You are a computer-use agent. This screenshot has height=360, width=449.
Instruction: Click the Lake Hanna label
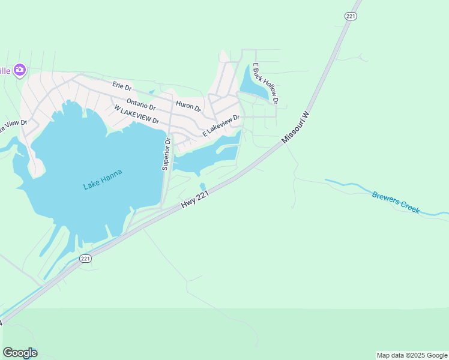point(103,179)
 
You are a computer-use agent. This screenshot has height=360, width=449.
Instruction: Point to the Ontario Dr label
point(141,104)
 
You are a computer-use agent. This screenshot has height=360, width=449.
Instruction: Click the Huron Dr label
point(188,106)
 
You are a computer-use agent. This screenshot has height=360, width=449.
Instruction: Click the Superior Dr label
point(166,154)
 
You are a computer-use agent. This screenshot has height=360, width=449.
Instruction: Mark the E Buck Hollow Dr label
point(265,83)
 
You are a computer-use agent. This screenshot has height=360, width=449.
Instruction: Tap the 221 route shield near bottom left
point(85,259)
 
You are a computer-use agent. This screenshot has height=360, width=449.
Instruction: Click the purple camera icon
point(20,71)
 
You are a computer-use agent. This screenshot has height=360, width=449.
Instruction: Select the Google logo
point(20,353)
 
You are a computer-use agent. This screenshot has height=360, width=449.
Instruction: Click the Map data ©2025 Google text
point(412,355)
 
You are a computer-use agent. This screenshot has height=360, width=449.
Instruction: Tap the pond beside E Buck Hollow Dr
point(252,84)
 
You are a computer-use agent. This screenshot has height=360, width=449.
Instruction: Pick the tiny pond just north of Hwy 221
point(202,187)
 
